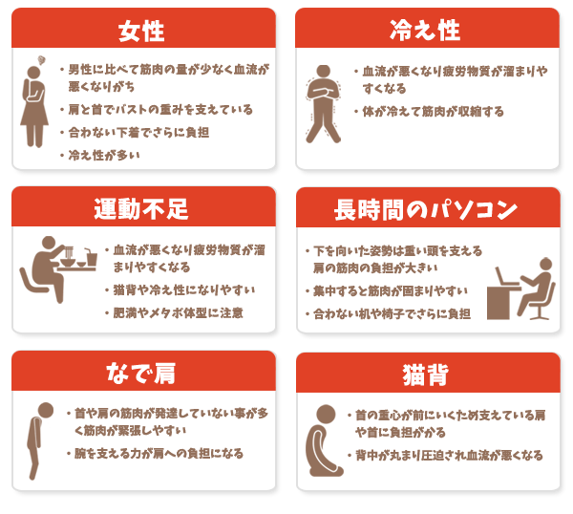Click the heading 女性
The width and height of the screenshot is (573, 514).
[x=141, y=32]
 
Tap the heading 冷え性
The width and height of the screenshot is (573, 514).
[x=425, y=30]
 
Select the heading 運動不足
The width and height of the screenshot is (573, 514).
[x=141, y=209]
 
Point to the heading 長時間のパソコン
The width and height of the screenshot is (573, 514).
[x=426, y=210]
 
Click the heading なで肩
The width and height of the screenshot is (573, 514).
[x=141, y=374]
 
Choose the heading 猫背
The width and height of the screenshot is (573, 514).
[x=426, y=375]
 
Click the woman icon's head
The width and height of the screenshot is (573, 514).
[x=33, y=73]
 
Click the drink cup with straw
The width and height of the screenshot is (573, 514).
[x=91, y=258]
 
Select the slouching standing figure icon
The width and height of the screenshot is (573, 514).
[x=38, y=440]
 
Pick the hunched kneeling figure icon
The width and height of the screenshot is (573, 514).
[x=324, y=440]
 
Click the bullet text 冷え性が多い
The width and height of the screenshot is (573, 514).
[x=104, y=156]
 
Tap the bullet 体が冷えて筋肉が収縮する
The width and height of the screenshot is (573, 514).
[x=433, y=112]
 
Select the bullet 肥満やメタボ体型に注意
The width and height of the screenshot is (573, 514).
[x=178, y=313]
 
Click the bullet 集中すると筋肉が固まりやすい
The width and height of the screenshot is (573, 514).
[x=391, y=291]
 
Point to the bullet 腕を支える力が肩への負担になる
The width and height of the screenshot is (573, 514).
[x=159, y=454]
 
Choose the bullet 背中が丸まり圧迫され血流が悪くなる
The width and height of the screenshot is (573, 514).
[x=449, y=456]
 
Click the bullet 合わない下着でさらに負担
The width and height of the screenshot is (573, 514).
[x=138, y=133]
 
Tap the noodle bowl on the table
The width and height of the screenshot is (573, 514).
[x=68, y=259]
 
